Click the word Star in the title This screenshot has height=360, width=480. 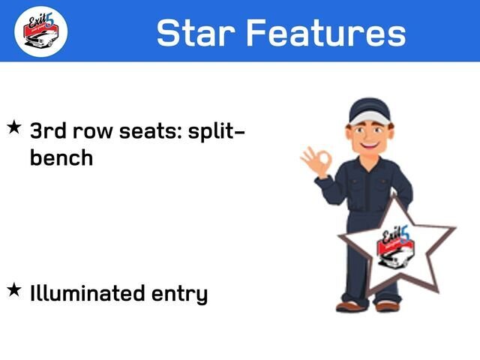tap(196, 32)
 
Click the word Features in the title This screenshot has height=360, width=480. tap(326, 32)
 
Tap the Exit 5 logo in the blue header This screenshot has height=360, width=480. tap(41, 31)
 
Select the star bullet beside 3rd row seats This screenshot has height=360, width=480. tap(14, 127)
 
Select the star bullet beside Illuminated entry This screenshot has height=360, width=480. tap(14, 289)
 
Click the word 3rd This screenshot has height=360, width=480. tap(48, 130)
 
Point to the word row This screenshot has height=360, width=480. tap(93, 133)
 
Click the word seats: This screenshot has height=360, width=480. tap(150, 131)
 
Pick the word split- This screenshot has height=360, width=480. tap(217, 133)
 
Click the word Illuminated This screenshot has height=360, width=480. tap(87, 293)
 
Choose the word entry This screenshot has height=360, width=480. tap(180, 295)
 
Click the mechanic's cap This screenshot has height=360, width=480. tap(370, 111)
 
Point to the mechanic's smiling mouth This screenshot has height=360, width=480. tap(369, 144)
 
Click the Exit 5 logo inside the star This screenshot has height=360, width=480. tap(395, 247)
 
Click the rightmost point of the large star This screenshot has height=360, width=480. tap(455, 227)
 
